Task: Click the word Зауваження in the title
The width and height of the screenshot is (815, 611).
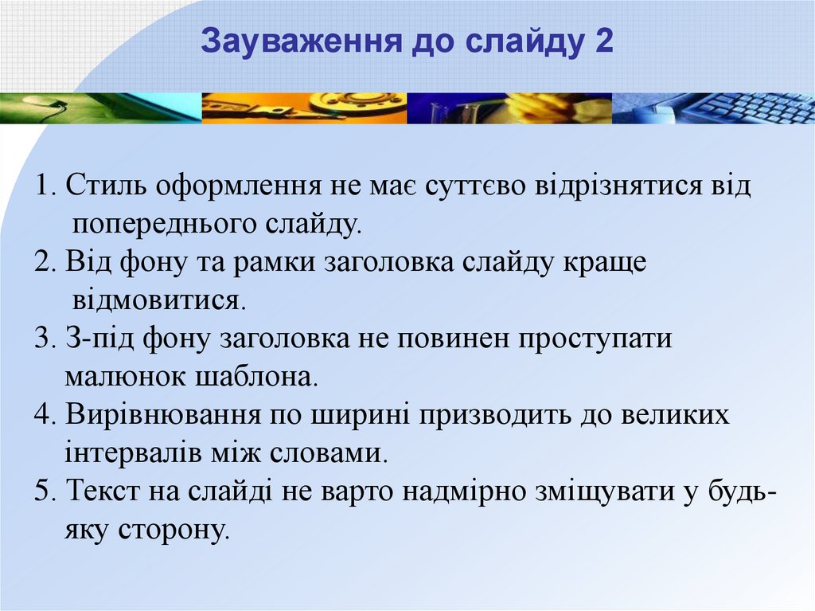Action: (302, 41)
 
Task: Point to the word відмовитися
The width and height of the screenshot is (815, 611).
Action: (158, 300)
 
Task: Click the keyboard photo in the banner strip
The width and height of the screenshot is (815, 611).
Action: (713, 108)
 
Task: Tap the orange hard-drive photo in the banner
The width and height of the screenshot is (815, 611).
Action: (304, 108)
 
